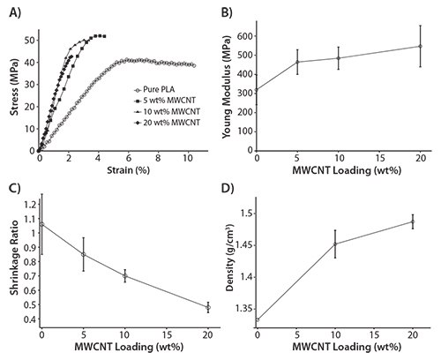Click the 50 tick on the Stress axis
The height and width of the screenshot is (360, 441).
point(31,40)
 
